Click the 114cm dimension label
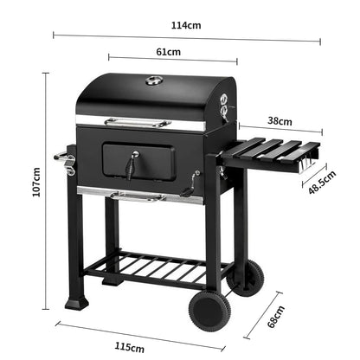(186, 25)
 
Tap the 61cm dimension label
(169, 52)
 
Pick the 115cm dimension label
(129, 346)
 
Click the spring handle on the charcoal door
(132, 162)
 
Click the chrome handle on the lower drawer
(136, 197)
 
